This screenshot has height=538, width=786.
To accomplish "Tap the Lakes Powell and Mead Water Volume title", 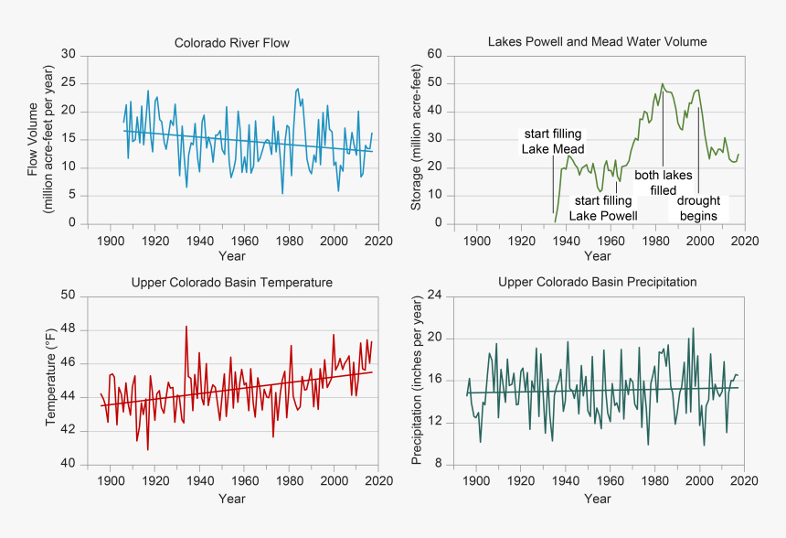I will click(597, 42).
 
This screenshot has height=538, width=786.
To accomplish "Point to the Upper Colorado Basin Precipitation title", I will click(598, 282).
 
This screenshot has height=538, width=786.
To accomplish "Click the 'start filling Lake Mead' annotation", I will click(551, 141).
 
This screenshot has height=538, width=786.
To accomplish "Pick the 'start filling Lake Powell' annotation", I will click(603, 208).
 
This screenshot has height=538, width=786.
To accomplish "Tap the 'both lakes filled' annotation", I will click(664, 182).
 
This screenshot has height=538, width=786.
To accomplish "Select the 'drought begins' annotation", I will click(698, 208).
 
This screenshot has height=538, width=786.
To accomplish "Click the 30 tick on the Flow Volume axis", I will click(69, 55).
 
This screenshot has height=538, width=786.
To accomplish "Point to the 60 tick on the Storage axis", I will click(435, 55).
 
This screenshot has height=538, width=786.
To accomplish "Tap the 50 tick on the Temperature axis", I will click(69, 296).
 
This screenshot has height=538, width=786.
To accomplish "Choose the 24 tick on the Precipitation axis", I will click(435, 296).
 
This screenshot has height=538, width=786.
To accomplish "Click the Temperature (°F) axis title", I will click(51, 379).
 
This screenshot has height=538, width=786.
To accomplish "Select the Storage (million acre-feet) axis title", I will click(417, 138).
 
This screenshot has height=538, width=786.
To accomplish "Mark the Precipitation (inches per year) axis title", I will click(417, 379).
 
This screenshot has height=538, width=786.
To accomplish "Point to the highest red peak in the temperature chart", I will click(186, 326).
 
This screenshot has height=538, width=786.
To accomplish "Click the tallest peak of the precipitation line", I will click(694, 328).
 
